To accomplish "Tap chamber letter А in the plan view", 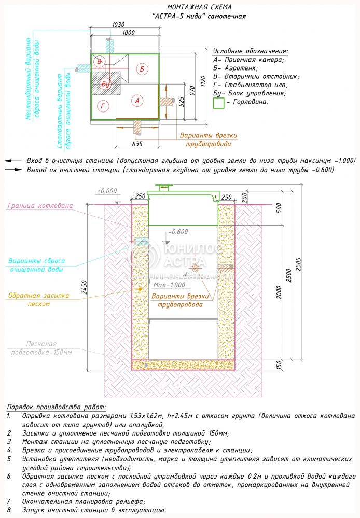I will tap(136, 101).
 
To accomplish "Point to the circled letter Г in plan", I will tap(103, 106).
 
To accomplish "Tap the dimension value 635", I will tap(137, 144).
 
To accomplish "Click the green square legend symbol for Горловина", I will tap(219, 103).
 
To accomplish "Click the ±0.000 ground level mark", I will tap(106, 191).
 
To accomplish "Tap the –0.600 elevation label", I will tap(179, 232).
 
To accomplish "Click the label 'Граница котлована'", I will tap(40, 206).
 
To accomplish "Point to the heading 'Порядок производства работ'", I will tap(56, 407).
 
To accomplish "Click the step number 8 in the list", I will tap(9, 510).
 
